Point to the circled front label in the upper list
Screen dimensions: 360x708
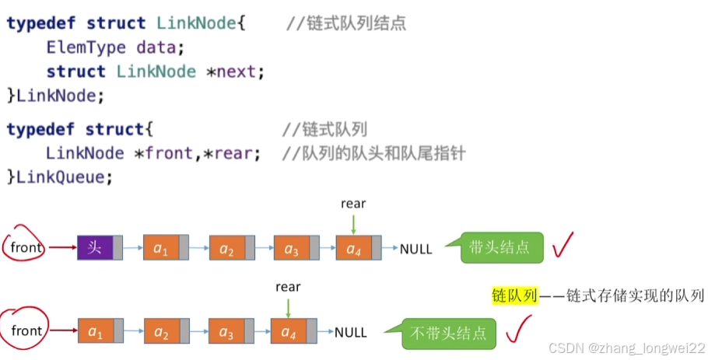click(26, 248)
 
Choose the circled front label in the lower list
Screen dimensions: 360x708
click(26, 331)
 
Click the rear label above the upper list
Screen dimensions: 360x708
click(353, 204)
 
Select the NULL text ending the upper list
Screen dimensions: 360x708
click(416, 250)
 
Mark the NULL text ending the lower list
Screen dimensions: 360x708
click(351, 333)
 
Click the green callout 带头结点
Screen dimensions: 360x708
click(500, 247)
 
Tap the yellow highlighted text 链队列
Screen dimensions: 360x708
click(513, 295)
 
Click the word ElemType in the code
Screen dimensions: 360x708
click(86, 48)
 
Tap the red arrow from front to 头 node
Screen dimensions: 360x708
click(63, 249)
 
